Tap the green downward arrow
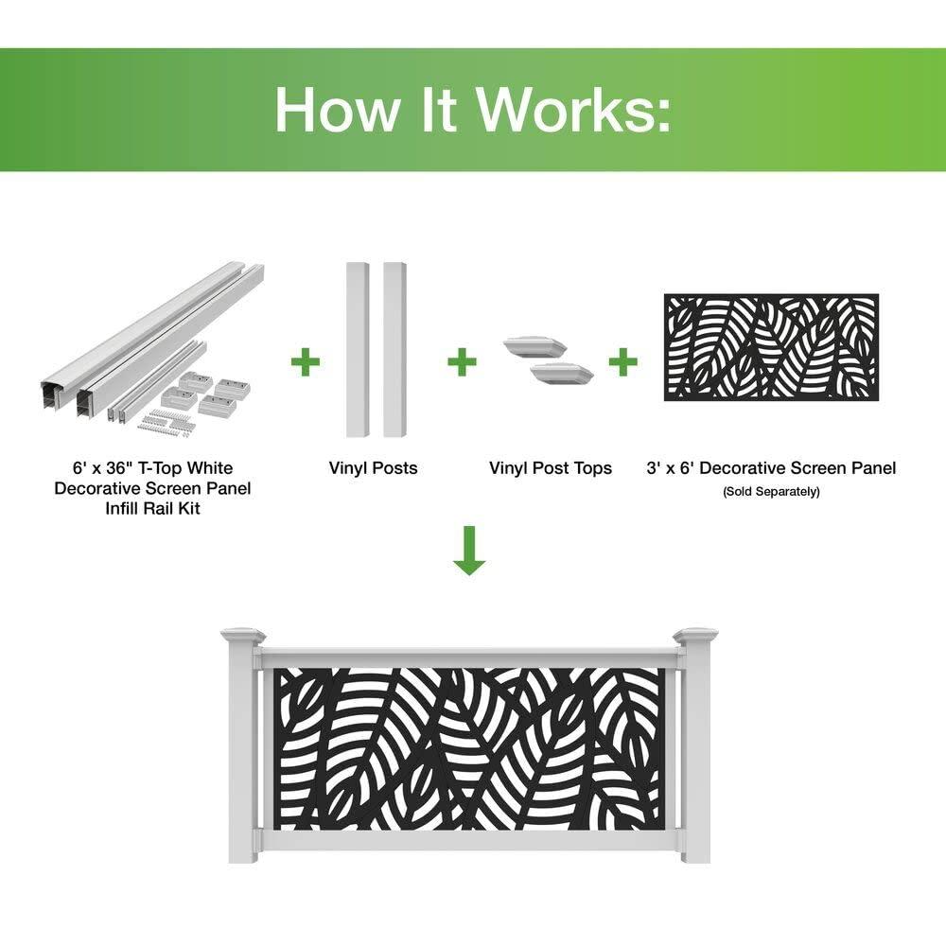click(468, 553)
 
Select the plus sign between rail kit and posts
click(305, 361)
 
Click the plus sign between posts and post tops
click(461, 361)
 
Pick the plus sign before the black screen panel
click(622, 361)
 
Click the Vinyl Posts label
click(373, 468)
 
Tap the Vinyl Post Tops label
click(550, 468)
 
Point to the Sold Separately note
click(771, 492)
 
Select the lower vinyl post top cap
click(562, 374)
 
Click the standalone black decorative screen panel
click(771, 347)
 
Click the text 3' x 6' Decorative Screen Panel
click(771, 468)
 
